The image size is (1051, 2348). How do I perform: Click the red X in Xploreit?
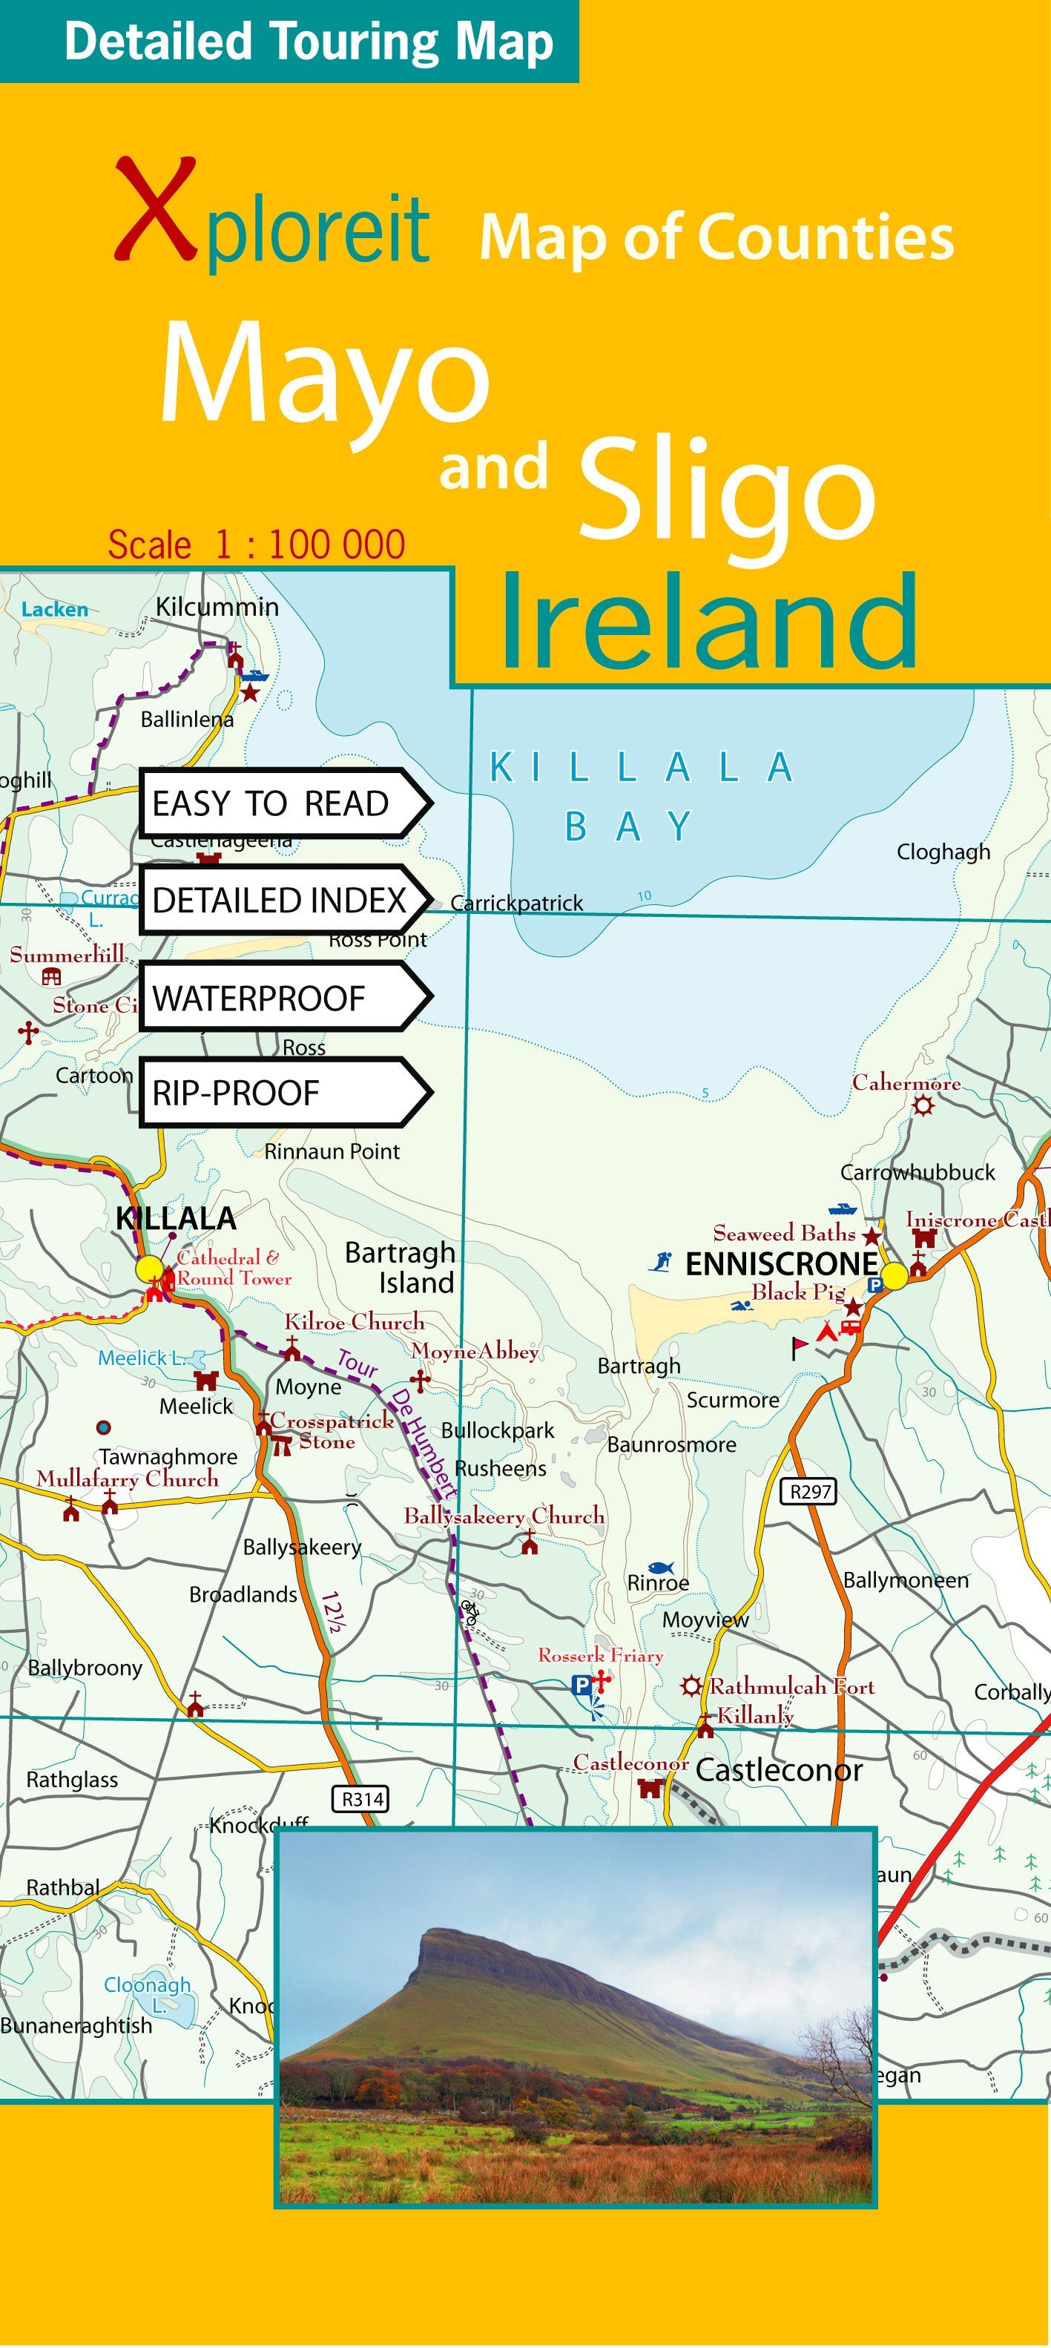155,211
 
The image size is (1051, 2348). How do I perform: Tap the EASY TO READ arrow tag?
283,803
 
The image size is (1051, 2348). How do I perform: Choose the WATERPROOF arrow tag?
283,997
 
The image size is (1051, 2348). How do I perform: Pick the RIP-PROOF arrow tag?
283,1092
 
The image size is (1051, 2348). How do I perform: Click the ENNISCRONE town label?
780,1264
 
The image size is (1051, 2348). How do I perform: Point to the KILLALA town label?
176,1217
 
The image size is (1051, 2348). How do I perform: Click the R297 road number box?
809,1491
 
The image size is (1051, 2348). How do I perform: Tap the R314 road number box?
362,1798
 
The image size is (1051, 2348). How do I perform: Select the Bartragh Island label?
401,1267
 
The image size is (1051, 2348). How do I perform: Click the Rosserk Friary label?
600,1654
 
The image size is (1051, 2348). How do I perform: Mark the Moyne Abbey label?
474,1351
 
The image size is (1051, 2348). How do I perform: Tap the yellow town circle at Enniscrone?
894,1275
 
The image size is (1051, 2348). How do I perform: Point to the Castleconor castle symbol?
649,1789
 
